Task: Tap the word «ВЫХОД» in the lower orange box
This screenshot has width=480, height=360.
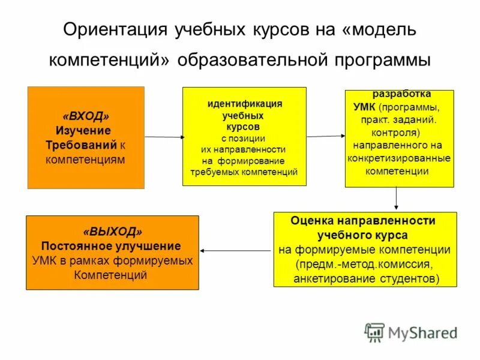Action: (x=113, y=232)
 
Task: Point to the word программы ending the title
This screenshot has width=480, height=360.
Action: (x=379, y=60)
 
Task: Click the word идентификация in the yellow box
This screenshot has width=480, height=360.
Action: (x=244, y=103)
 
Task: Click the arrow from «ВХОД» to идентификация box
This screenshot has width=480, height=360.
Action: (x=164, y=137)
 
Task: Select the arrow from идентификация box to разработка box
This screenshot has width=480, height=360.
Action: (x=326, y=136)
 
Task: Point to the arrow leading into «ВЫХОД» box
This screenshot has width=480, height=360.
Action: (x=236, y=250)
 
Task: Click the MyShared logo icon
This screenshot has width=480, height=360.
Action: (x=374, y=332)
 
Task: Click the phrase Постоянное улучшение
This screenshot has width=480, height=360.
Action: (x=111, y=246)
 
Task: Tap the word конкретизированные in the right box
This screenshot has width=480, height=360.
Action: (x=399, y=158)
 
